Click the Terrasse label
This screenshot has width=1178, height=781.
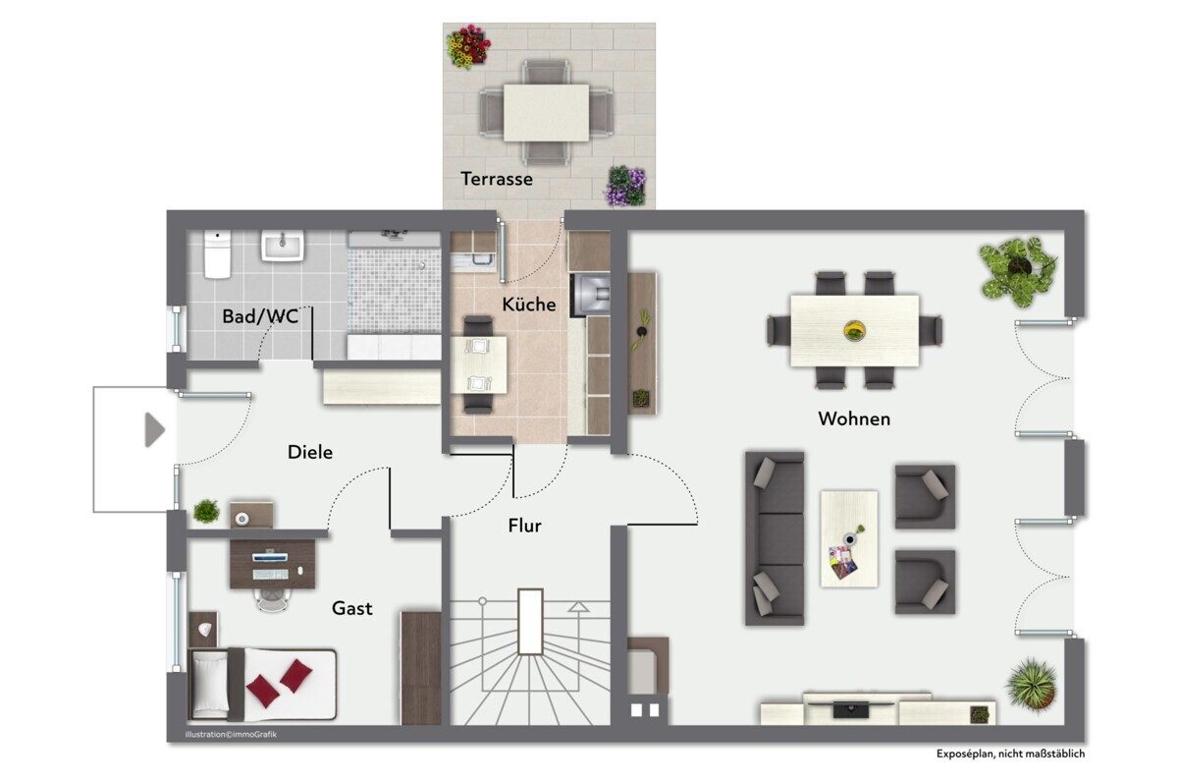pos(497,179)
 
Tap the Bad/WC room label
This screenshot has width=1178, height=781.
pos(260,316)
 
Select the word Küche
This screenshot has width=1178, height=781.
pos(528,304)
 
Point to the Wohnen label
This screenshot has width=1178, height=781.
pos(854,418)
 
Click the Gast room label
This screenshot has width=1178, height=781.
pos(351,608)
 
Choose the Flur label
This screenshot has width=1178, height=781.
pos(524,526)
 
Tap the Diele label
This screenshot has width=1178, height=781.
pos(310,452)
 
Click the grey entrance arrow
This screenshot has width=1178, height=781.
pos(155,430)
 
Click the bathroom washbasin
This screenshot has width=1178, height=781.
pos(283,247)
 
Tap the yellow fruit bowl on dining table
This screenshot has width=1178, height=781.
pos(855,330)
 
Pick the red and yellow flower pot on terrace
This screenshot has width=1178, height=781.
pos(468,46)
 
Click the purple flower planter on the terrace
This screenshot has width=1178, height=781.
pos(625,186)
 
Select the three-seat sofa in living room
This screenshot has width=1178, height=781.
pos(775,538)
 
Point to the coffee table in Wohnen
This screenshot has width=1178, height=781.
pos(849,538)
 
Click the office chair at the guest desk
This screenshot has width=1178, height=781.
pos(273,598)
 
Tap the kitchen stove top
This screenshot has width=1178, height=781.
pos(591,295)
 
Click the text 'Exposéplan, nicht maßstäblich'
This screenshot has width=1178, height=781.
pos(1010,753)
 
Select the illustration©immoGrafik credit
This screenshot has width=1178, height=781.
pos(231,734)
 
